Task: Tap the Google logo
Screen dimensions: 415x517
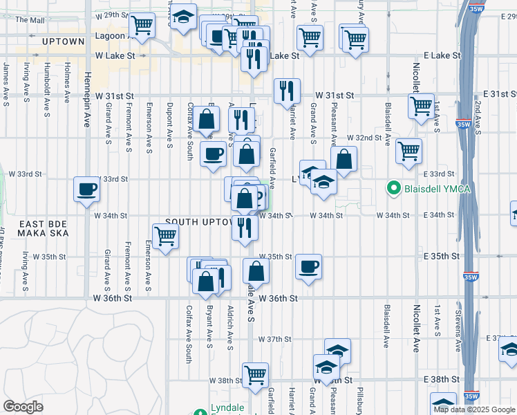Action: [x=23, y=407]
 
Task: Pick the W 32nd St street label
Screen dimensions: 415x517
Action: [x=364, y=138]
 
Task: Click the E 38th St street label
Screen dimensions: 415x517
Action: [x=440, y=379]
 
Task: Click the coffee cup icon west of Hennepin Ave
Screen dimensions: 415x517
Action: [x=87, y=190]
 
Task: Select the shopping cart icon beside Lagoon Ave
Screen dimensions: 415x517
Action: [x=142, y=25]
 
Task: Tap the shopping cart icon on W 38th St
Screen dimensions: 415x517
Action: [x=255, y=374]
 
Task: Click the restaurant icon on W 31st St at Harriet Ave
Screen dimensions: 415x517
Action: [x=286, y=90]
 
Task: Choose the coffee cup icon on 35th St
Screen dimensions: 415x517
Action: [x=308, y=266]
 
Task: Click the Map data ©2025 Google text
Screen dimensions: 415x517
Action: [x=473, y=409]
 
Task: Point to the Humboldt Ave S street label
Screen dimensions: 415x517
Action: [x=47, y=82]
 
